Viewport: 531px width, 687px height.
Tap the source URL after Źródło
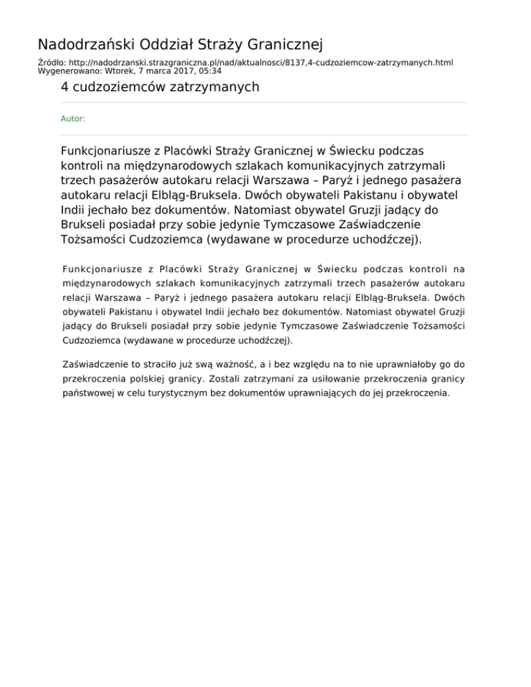tap(261, 62)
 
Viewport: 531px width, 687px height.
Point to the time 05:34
tap(209, 70)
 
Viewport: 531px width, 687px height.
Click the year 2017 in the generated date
tap(183, 70)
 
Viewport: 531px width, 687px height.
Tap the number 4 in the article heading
tap(65, 87)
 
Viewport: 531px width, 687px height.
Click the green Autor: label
tap(73, 119)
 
